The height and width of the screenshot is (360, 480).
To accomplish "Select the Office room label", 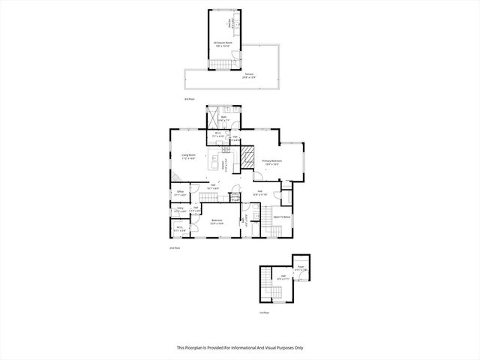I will [180, 193].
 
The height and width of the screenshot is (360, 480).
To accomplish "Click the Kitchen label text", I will [223, 167].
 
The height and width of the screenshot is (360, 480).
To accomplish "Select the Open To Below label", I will [281, 217].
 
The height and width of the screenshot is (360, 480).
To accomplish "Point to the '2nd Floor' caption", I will [174, 247].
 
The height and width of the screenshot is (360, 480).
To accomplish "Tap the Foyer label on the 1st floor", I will [283, 277].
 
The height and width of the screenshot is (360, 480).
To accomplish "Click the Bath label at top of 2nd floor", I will [223, 118].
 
